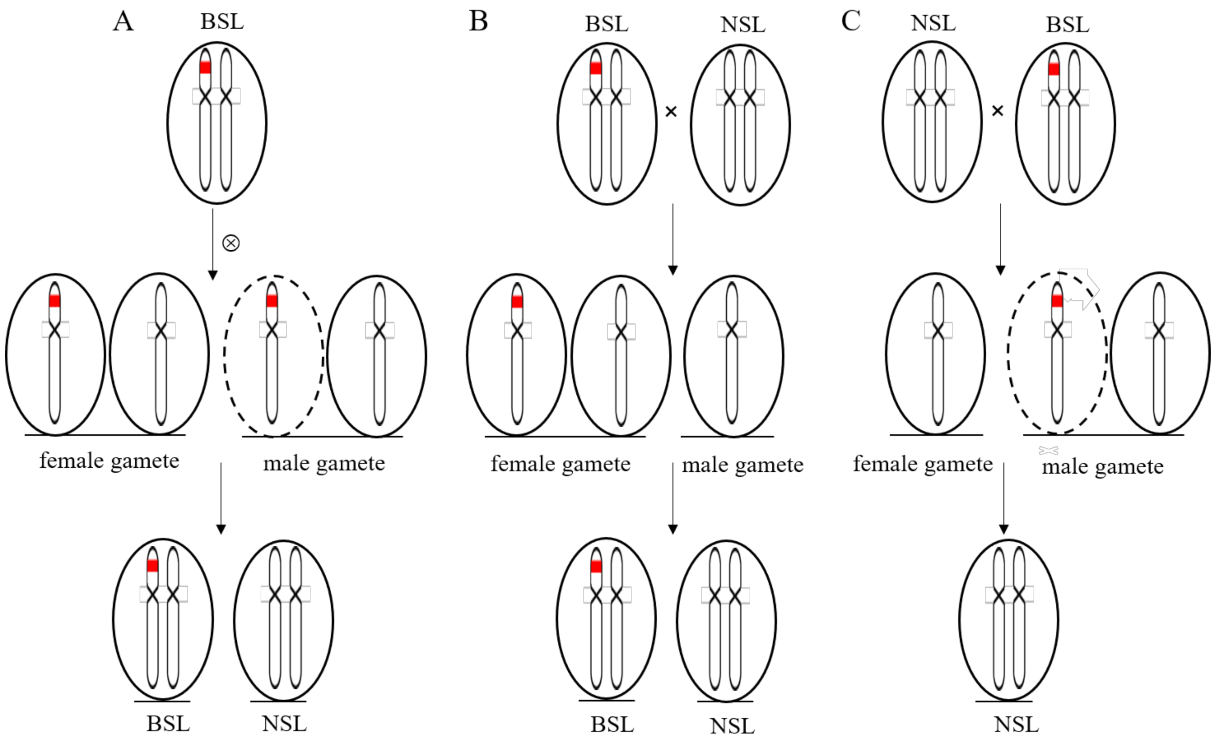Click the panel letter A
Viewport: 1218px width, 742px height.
pos(123,22)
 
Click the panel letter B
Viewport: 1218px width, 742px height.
pos(478,21)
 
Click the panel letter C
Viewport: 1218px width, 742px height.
pos(851,21)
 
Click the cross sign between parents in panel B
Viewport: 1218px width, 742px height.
pos(671,112)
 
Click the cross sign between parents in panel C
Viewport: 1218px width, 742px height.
pos(998,111)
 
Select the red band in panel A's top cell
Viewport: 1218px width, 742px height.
pos(205,67)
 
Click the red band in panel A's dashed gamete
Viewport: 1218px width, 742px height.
pos(271,301)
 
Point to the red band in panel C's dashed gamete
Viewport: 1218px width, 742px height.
pos(1057,300)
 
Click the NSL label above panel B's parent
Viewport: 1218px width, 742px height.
pos(743,25)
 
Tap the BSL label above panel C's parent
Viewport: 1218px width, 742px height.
pos(1067,25)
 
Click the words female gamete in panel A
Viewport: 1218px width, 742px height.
pos(109,461)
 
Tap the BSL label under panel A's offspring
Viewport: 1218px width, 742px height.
pos(168,724)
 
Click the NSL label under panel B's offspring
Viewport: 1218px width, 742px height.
pos(732,726)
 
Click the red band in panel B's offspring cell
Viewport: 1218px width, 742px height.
pos(596,566)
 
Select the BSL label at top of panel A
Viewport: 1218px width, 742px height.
pos(222,22)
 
